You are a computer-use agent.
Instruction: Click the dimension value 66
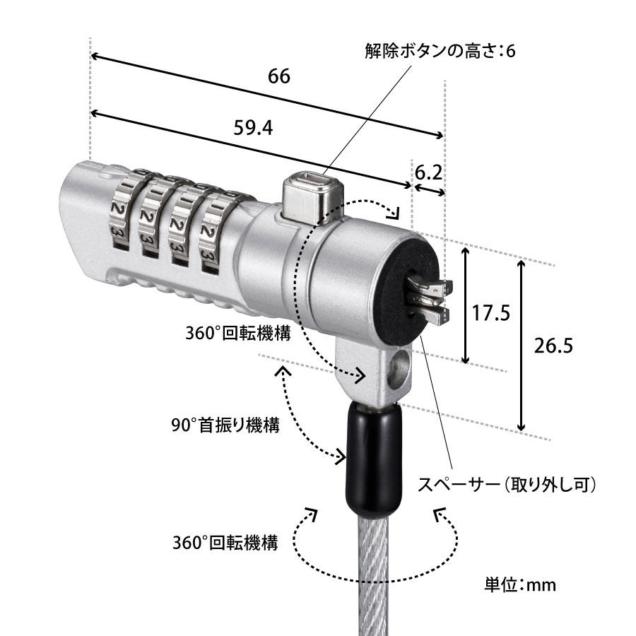pyautogui.click(x=279, y=76)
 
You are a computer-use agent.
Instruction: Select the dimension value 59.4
pyautogui.click(x=253, y=126)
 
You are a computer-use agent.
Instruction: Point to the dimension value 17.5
pyautogui.click(x=491, y=313)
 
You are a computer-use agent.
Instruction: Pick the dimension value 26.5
pyautogui.click(x=552, y=346)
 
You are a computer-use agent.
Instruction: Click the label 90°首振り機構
pyautogui.click(x=225, y=425)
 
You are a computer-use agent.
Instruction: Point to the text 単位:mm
pyautogui.click(x=520, y=584)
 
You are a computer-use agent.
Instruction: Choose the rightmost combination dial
pyautogui.click(x=212, y=230)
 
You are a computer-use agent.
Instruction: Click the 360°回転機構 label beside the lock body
pyautogui.click(x=238, y=334)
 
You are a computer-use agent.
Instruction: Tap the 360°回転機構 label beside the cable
pyautogui.click(x=225, y=543)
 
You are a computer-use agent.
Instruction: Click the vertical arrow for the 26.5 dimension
pyautogui.click(x=522, y=346)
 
